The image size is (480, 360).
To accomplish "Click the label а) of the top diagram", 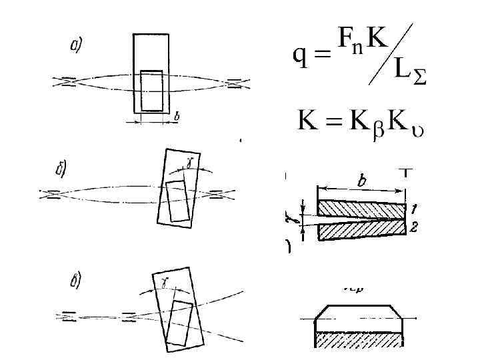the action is point(76,45).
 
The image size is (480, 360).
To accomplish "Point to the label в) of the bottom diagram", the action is point(75,279).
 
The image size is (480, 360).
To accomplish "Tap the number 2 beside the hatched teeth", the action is point(415,229).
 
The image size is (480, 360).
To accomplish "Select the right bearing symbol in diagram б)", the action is point(217,195).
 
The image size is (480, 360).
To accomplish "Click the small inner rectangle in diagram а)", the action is point(151,91).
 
